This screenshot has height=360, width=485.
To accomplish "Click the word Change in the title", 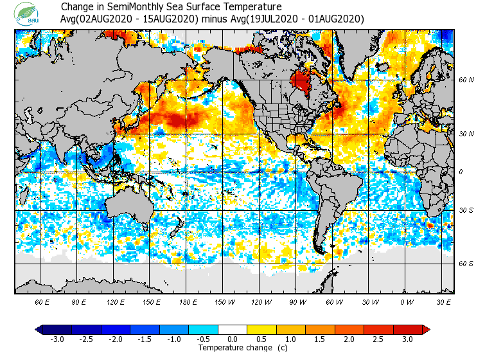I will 75,7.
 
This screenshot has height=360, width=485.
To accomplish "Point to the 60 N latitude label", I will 466,80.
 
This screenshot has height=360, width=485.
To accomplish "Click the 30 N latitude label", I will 466,134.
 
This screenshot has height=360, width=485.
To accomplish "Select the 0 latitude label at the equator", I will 460,172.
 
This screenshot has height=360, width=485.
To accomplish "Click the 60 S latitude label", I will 466,264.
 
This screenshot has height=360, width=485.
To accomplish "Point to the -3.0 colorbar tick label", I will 57,339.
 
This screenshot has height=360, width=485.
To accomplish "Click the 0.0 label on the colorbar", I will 233,339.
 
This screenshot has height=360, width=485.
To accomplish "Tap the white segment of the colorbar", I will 233,330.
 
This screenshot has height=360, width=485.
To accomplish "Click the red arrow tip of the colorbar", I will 426,330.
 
